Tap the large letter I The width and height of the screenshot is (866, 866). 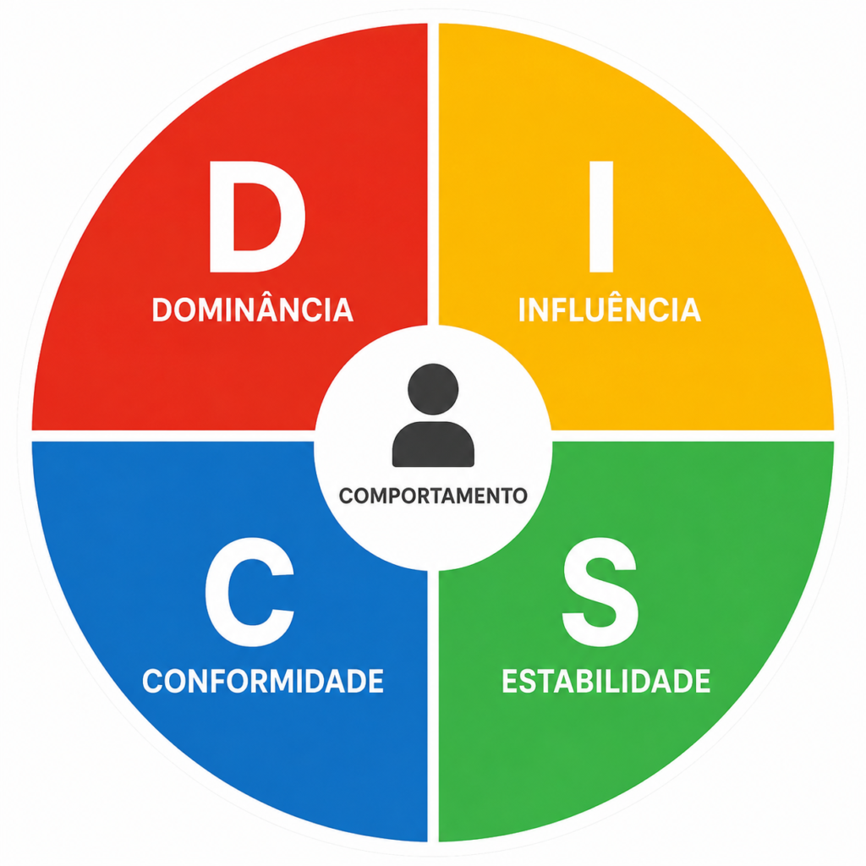(x=601, y=216)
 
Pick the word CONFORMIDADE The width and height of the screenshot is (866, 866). (x=263, y=681)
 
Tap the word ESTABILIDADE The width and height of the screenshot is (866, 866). (x=606, y=681)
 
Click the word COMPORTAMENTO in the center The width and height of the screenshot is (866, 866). (x=433, y=496)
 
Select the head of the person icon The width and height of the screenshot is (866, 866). (x=433, y=389)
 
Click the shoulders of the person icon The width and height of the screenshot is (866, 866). (x=433, y=445)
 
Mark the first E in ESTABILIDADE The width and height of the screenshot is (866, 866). (x=511, y=681)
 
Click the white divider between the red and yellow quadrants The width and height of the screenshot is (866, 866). (x=433, y=174)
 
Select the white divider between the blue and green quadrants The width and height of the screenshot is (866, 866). (x=433, y=706)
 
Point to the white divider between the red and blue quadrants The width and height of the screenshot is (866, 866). (x=173, y=436)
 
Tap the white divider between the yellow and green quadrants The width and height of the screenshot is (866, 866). (x=693, y=436)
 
